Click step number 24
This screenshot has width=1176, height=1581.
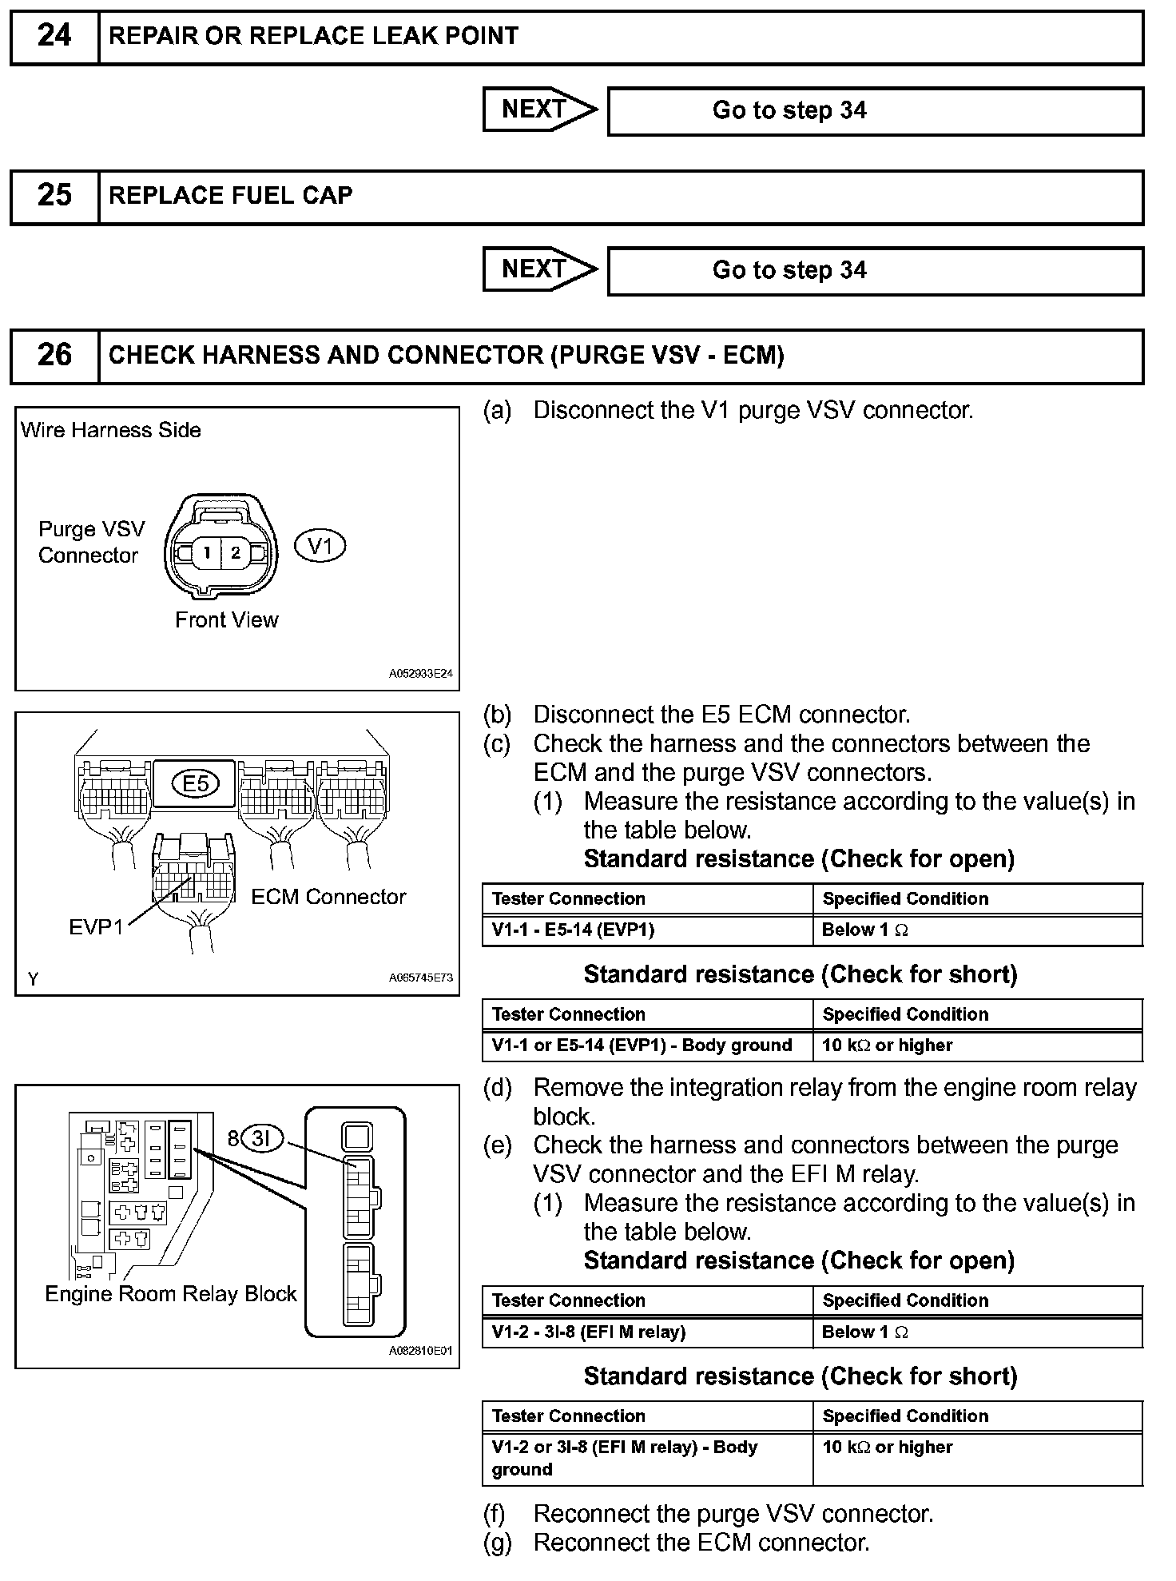point(54,36)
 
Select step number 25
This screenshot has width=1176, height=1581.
point(54,196)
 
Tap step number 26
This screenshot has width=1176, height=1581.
point(54,356)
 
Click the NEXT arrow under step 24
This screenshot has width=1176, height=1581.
point(539,110)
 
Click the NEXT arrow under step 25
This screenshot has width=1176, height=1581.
point(539,269)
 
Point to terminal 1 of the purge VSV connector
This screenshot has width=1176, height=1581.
point(206,552)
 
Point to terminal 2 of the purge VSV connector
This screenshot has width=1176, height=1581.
point(236,552)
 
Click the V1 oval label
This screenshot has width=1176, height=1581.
point(320,547)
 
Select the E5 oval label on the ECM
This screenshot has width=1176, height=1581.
point(196,783)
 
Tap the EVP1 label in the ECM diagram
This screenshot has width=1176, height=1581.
point(96,927)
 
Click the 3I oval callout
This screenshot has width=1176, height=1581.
point(262,1138)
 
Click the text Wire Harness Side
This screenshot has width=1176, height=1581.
point(110,430)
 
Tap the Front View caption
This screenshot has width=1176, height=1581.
point(227,620)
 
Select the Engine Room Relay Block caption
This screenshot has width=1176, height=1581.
point(170,1294)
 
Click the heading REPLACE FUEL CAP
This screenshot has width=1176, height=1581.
point(230,196)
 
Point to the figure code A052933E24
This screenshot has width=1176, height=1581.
point(420,674)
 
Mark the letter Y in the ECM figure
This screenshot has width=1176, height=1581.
point(33,979)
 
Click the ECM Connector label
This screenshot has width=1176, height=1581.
point(328,897)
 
